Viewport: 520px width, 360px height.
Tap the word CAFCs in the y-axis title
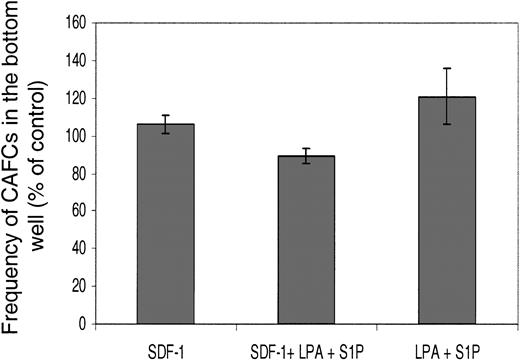click(16, 182)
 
